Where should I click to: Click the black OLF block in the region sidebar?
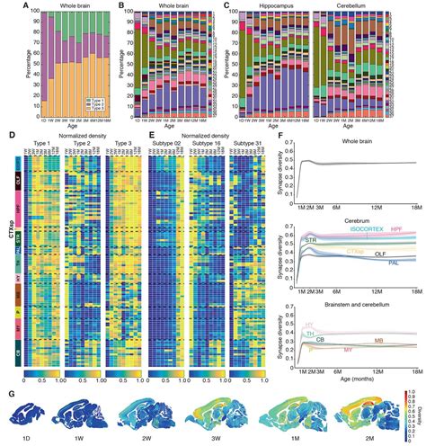point(19,182)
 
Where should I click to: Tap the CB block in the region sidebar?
point(19,352)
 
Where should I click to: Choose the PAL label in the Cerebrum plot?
point(394,263)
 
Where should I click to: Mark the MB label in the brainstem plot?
point(381,342)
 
